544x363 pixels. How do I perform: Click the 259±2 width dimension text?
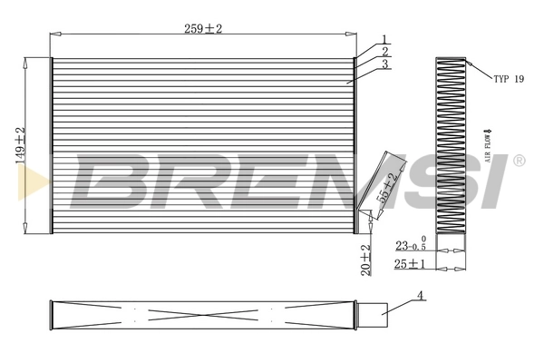[202, 29]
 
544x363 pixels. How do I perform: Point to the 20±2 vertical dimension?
[365, 260]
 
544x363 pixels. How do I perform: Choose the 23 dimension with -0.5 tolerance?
[410, 246]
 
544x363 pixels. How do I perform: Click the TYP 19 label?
[509, 79]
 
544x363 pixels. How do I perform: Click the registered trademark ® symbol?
[519, 161]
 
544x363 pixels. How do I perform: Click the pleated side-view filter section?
[450, 145]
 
